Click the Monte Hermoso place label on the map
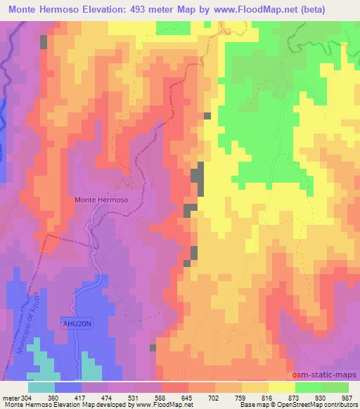pyautogui.click(x=101, y=200)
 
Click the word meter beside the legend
pyautogui.click(x=11, y=398)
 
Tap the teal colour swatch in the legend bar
pyautogui.click(x=41, y=387)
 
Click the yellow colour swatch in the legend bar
pyautogui.click(x=282, y=387)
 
